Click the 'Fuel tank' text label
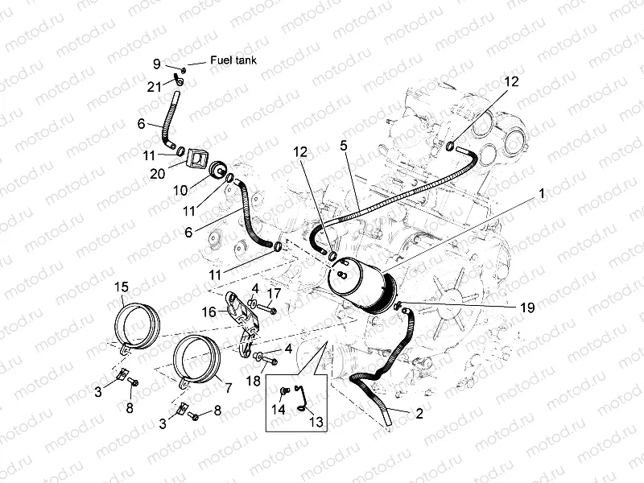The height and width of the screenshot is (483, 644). pos(233,60)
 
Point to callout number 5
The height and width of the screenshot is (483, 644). pos(343,146)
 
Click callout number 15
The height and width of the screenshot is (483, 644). pos(122,287)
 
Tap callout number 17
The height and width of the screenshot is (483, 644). pos(274,293)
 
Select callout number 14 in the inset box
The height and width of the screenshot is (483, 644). pos(279,407)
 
